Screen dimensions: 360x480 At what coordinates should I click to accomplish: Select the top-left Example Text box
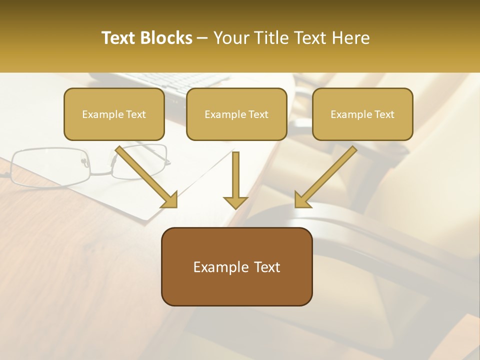pos(114,114)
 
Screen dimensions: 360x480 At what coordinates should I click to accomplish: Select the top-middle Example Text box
pos(236,114)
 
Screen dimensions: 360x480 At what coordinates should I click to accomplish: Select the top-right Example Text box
pos(362,114)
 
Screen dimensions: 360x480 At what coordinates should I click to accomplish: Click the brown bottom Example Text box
pos(236,266)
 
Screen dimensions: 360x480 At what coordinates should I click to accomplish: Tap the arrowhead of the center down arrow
pos(235,202)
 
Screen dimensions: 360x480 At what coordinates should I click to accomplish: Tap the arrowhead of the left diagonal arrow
pos(170,200)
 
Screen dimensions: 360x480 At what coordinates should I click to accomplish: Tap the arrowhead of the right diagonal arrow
pos(301,200)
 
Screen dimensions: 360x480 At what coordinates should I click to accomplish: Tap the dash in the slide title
pos(202,38)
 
